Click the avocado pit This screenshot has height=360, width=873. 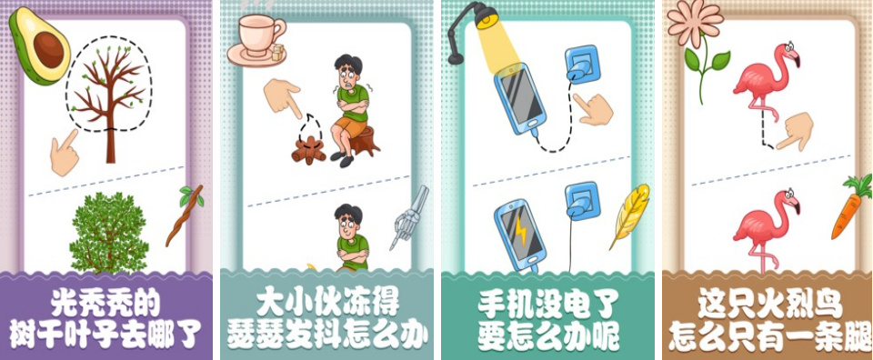pyautogui.click(x=49, y=49)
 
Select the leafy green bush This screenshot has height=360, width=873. pyautogui.click(x=108, y=233)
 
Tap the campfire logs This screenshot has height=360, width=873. pyautogui.click(x=308, y=150)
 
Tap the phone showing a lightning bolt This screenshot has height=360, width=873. pyautogui.click(x=518, y=235)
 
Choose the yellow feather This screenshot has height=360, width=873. pyautogui.click(x=630, y=215)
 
